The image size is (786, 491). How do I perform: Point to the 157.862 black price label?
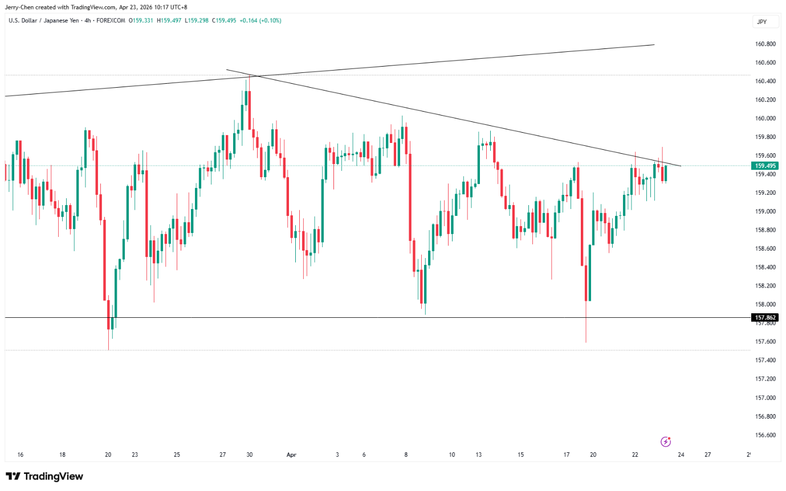pos(765,317)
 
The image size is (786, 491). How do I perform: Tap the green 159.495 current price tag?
pos(765,166)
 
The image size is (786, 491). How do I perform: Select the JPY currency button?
pos(761,22)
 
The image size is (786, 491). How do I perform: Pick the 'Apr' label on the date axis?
pos(292,455)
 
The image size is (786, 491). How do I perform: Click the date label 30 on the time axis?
pos(250,455)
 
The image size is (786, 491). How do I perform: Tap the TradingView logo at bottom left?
pos(44,476)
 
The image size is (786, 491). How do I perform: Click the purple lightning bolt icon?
pos(665,441)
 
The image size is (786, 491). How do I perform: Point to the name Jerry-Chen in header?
pos(20,7)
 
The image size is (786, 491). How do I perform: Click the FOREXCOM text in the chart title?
pos(112,21)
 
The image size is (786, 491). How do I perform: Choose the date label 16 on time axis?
pos(21,455)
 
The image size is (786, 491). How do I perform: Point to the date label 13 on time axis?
pos(479,455)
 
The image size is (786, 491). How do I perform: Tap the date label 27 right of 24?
pos(707,455)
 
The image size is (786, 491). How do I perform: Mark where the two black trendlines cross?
pos(254,76)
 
